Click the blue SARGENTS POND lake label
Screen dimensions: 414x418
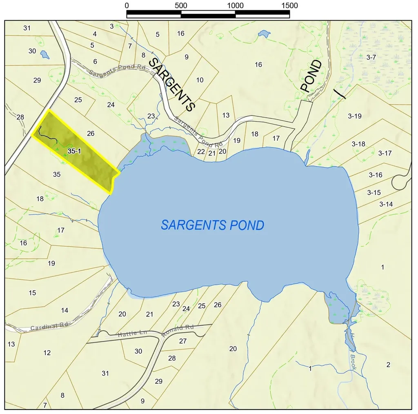(x=212, y=225)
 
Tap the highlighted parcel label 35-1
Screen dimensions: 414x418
(x=74, y=151)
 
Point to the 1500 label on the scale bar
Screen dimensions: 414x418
(x=289, y=6)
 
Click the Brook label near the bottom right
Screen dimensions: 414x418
(x=353, y=362)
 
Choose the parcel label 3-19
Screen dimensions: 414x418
(x=355, y=116)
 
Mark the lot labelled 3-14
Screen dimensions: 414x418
(x=386, y=204)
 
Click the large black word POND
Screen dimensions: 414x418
(x=311, y=76)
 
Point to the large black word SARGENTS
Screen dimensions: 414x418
(x=172, y=85)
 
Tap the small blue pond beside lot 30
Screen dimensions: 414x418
(x=44, y=54)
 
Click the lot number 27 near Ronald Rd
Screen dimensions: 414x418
(x=182, y=341)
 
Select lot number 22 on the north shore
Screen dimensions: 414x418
(x=201, y=151)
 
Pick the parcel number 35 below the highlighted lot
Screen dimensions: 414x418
(x=57, y=174)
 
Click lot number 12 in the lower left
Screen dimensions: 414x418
(x=47, y=352)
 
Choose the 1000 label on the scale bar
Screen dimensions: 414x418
(x=235, y=6)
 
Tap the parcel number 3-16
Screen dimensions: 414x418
(x=376, y=175)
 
